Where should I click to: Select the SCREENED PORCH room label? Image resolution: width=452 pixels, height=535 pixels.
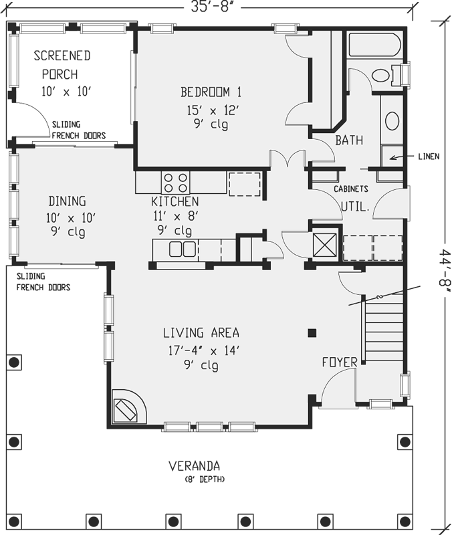(62, 64)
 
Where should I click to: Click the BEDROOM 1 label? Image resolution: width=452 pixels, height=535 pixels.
(210, 92)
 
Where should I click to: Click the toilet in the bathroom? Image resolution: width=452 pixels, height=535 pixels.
(384, 75)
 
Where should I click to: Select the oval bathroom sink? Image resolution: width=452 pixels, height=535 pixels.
(392, 121)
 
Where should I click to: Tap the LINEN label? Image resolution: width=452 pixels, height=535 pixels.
(425, 157)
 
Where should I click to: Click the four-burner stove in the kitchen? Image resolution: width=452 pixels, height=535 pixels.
(175, 183)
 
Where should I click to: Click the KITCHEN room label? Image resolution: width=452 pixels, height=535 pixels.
(175, 201)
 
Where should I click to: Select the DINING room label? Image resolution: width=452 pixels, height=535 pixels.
(67, 201)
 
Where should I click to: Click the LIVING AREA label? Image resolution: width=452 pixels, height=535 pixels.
(201, 332)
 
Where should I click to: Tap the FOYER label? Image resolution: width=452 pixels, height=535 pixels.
(339, 362)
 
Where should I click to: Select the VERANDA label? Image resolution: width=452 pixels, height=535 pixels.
(195, 465)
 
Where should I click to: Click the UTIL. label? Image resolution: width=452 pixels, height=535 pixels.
(356, 207)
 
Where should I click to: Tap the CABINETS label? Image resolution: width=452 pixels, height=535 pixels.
(351, 189)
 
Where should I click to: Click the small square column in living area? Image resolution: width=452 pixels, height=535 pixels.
(312, 332)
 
